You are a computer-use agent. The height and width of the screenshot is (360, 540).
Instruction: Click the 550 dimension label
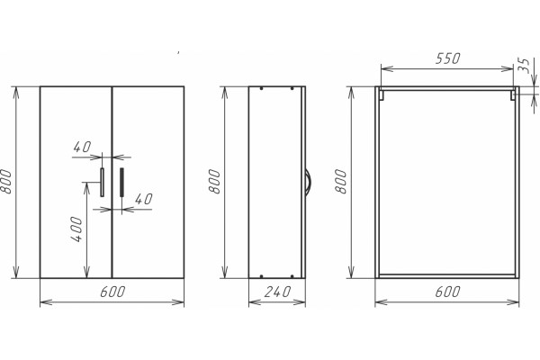pyautogui.click(x=447, y=58)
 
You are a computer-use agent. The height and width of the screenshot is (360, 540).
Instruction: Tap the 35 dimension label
pyautogui.click(x=524, y=66)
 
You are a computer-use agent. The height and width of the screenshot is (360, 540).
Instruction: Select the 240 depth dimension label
pyautogui.click(x=277, y=292)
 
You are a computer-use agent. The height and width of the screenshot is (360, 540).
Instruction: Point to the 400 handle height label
pyautogui.click(x=76, y=229)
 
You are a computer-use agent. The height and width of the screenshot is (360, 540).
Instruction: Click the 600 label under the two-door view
pyautogui.click(x=112, y=292)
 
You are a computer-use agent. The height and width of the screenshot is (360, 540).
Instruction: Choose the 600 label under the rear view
pyautogui.click(x=447, y=292)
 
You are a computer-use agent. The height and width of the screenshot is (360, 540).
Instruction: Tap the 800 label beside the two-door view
pyautogui.click(x=6, y=182)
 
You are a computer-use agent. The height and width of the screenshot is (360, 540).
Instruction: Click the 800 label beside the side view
pyautogui.click(x=214, y=182)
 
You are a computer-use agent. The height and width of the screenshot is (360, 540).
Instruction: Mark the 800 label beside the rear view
pyautogui.click(x=340, y=182)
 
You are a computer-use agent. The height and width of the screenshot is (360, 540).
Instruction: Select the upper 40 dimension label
pyautogui.click(x=82, y=147)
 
